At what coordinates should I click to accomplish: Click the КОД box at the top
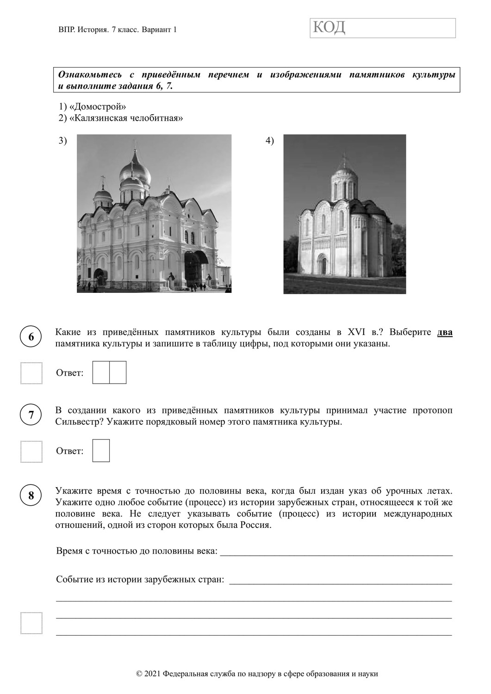point(382,28)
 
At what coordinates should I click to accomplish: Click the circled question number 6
point(31,337)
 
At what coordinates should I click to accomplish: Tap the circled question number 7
point(31,415)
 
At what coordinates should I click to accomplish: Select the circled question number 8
point(31,496)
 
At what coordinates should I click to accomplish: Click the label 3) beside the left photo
point(63,141)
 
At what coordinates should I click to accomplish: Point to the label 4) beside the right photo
point(270,141)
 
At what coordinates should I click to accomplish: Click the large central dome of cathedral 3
point(135,173)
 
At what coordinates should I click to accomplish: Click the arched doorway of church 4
point(324,265)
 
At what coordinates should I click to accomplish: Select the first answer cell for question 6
point(101,372)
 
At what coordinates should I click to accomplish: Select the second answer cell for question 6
point(118,372)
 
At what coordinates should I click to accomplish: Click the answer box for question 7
point(101,451)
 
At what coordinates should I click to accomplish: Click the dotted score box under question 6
point(31,373)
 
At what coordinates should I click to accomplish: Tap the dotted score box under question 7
point(31,452)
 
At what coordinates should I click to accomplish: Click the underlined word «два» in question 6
point(445,332)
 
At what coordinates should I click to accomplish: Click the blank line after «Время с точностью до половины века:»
point(336,551)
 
